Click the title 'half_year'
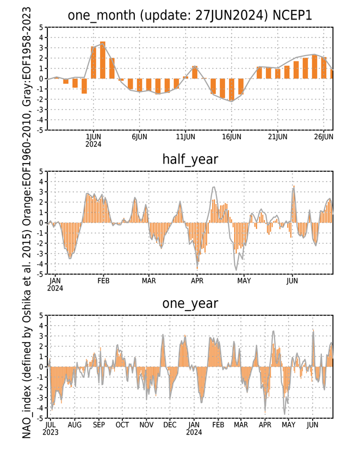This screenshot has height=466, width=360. tap(190, 160)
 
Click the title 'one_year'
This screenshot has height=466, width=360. tap(190, 303)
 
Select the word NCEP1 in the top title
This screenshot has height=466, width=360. tap(292, 15)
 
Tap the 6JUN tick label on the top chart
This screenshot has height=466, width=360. tap(139, 137)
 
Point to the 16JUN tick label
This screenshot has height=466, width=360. tap(232, 137)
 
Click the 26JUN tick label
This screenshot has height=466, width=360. tap(324, 137)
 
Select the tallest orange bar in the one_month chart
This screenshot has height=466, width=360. tap(103, 60)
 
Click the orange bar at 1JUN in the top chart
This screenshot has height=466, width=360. tap(94, 63)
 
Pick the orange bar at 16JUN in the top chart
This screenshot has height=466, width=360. tap(232, 90)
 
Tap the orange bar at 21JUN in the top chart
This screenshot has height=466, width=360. tap(278, 74)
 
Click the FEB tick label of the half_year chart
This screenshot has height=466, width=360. tap(103, 281)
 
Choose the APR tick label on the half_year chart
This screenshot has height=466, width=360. tap(197, 281)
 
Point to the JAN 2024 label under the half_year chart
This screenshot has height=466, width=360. tap(55, 284)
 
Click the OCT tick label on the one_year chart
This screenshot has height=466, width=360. tap(122, 425)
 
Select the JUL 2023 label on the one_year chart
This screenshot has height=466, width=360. tap(51, 428)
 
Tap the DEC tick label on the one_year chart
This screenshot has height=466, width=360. tap(170, 425)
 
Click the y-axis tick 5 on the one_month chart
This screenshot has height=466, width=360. tap(41, 27)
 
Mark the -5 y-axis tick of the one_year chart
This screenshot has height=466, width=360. tap(40, 418)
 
